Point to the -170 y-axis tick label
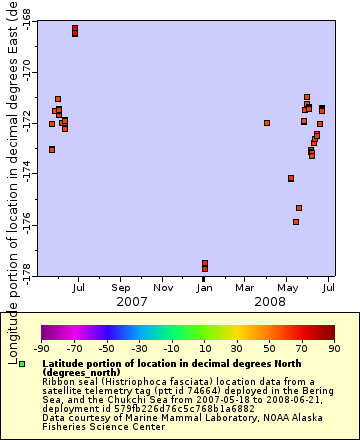pyautogui.click(x=25, y=73)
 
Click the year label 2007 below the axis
pyautogui.click(x=132, y=301)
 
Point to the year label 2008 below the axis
pyautogui.click(x=270, y=301)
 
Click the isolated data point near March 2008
pyautogui.click(x=267, y=123)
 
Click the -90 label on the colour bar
pyautogui.click(x=41, y=349)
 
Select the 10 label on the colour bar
pyautogui.click(x=204, y=349)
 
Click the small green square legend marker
pyautogui.click(x=21, y=364)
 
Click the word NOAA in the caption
pyautogui.click(x=260, y=418)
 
